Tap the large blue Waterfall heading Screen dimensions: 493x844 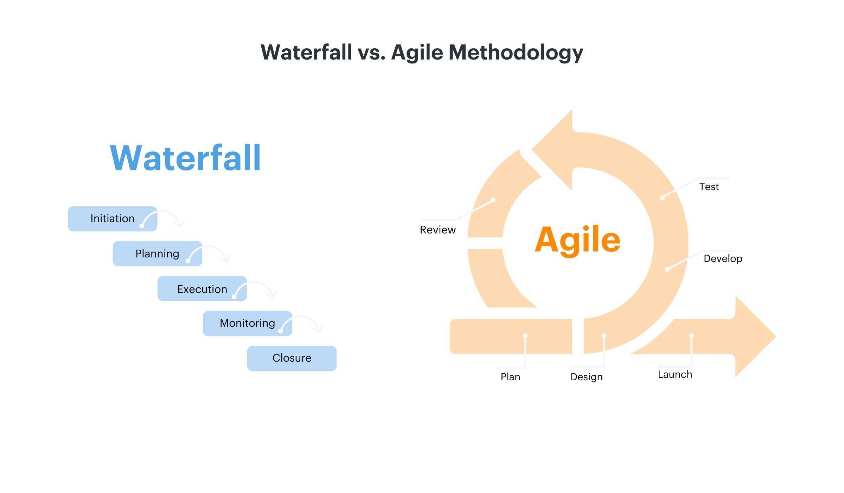(185, 158)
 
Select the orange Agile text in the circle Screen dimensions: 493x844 (577, 240)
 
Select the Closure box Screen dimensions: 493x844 (292, 358)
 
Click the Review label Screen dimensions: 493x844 (437, 230)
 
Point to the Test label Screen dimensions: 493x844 (709, 187)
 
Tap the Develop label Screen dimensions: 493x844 (723, 259)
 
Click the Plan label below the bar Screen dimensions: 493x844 (510, 377)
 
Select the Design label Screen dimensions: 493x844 (586, 377)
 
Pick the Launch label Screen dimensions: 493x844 (674, 375)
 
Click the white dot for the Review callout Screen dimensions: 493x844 (493, 200)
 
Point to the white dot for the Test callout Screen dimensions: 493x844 (662, 198)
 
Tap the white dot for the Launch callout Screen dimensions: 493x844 (691, 336)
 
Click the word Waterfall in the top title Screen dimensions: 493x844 (306, 53)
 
